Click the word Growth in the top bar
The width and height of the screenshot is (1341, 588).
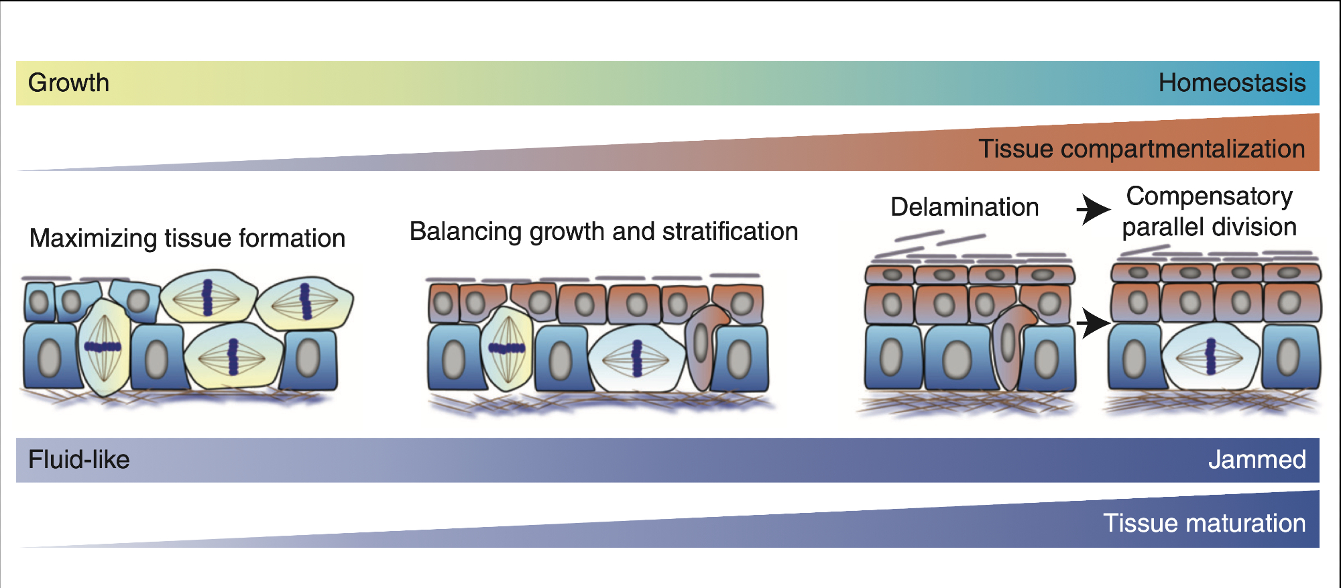click(x=68, y=83)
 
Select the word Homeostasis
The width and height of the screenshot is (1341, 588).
click(x=1232, y=83)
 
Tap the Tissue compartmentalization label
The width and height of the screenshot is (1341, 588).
click(x=1141, y=149)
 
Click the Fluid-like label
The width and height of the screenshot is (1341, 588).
click(x=78, y=460)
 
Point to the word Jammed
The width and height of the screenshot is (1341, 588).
click(x=1257, y=460)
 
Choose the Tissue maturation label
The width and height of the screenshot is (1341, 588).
click(x=1204, y=523)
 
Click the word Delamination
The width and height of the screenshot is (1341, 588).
click(x=964, y=207)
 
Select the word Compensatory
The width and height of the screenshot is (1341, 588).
click(x=1209, y=196)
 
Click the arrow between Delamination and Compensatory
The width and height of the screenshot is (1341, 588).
click(x=1093, y=209)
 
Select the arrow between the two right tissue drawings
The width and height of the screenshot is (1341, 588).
click(x=1093, y=324)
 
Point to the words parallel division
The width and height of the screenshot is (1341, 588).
click(x=1209, y=227)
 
